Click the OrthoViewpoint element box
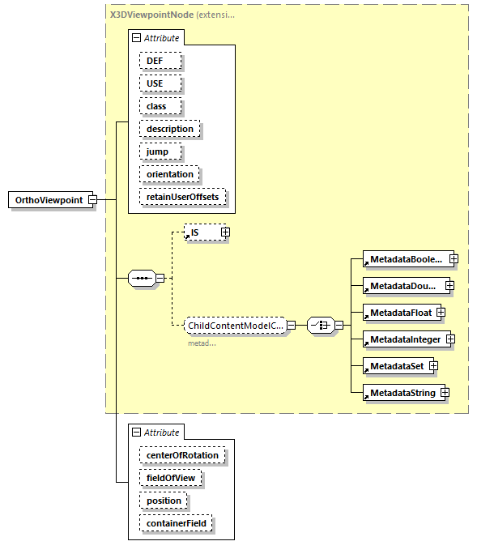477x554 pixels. coord(49,200)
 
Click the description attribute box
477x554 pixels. coord(169,129)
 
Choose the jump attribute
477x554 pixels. coord(159,151)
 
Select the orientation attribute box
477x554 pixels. coord(169,174)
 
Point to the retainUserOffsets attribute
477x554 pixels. coord(182,197)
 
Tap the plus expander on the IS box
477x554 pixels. coord(225,232)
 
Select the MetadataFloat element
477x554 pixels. coord(398,313)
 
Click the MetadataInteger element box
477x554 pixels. coord(403,339)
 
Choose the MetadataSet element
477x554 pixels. coord(395,366)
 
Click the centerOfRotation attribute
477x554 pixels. coord(182,455)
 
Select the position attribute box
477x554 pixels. coord(164,501)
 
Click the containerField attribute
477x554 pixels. coord(175,523)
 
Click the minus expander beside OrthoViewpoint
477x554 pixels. coord(92,200)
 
